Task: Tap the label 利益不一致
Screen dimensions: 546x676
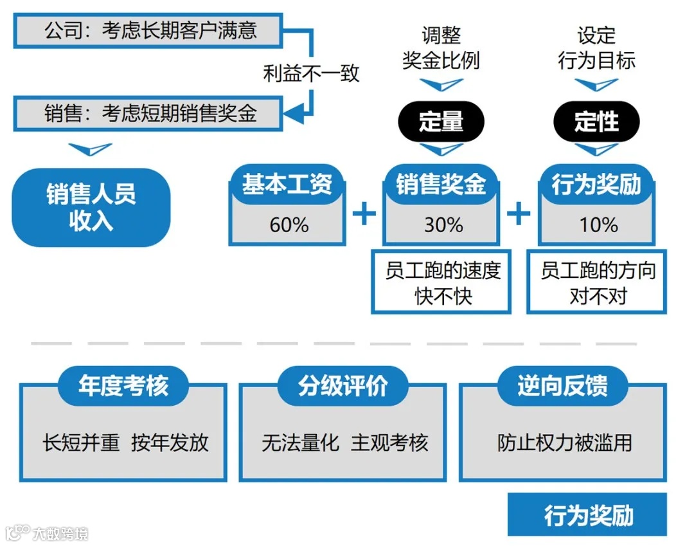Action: pos(312,73)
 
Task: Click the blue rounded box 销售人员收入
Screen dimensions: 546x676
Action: pos(91,207)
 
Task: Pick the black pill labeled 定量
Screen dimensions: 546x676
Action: pos(441,120)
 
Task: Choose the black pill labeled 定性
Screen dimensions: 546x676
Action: pos(597,120)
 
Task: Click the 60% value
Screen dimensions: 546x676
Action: pos(289,224)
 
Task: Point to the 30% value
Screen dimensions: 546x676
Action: pos(443,224)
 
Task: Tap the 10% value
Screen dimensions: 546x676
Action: pos(598,224)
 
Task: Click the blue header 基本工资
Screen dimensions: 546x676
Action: pos(287,185)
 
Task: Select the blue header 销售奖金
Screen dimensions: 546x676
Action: pos(441,185)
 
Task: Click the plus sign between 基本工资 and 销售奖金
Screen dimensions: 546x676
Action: pos(364,213)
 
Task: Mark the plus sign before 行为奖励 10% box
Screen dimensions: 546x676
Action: pos(519,213)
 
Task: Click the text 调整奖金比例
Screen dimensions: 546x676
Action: pos(441,48)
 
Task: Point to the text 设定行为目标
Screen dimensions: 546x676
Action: pos(597,48)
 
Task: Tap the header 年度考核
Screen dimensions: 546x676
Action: pos(123,386)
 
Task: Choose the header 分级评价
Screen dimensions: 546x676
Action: pos(342,386)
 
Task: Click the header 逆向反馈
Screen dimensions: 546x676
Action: pos(562,386)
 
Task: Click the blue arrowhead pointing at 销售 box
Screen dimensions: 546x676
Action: pos(293,113)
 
